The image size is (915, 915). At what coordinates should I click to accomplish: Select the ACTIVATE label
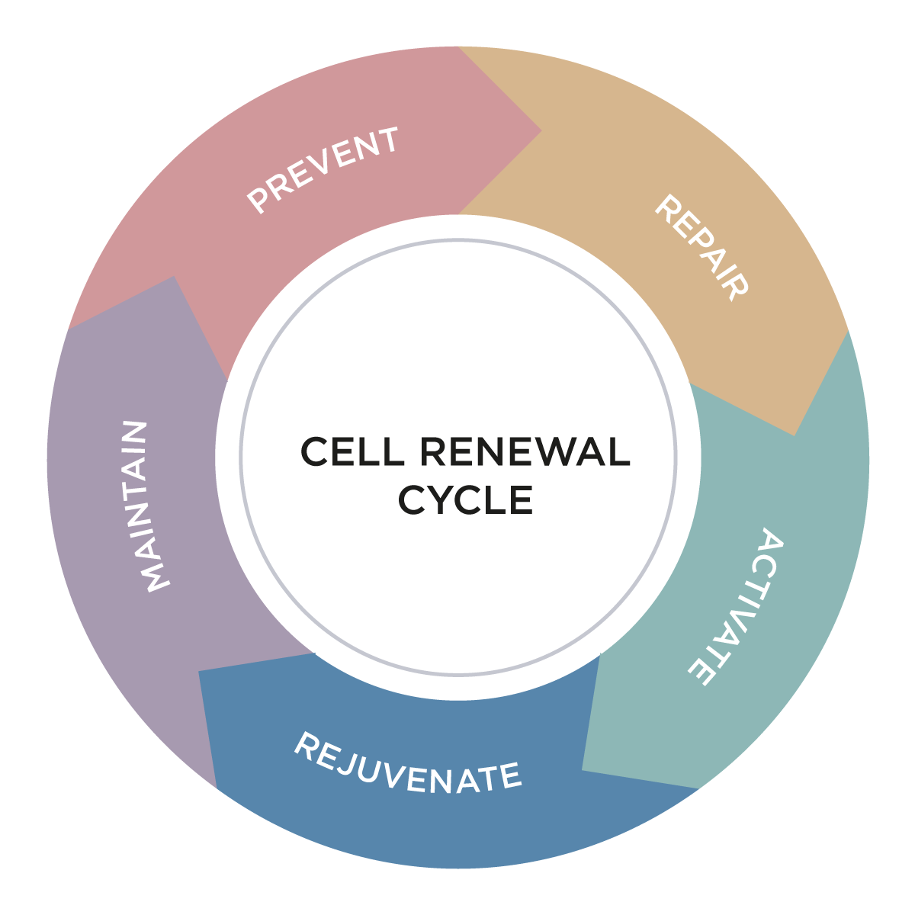(737, 607)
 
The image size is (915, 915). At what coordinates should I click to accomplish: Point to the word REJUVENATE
(407, 765)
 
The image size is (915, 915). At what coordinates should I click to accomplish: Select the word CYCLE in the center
(465, 500)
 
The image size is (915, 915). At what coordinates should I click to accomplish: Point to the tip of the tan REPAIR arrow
(795, 435)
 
